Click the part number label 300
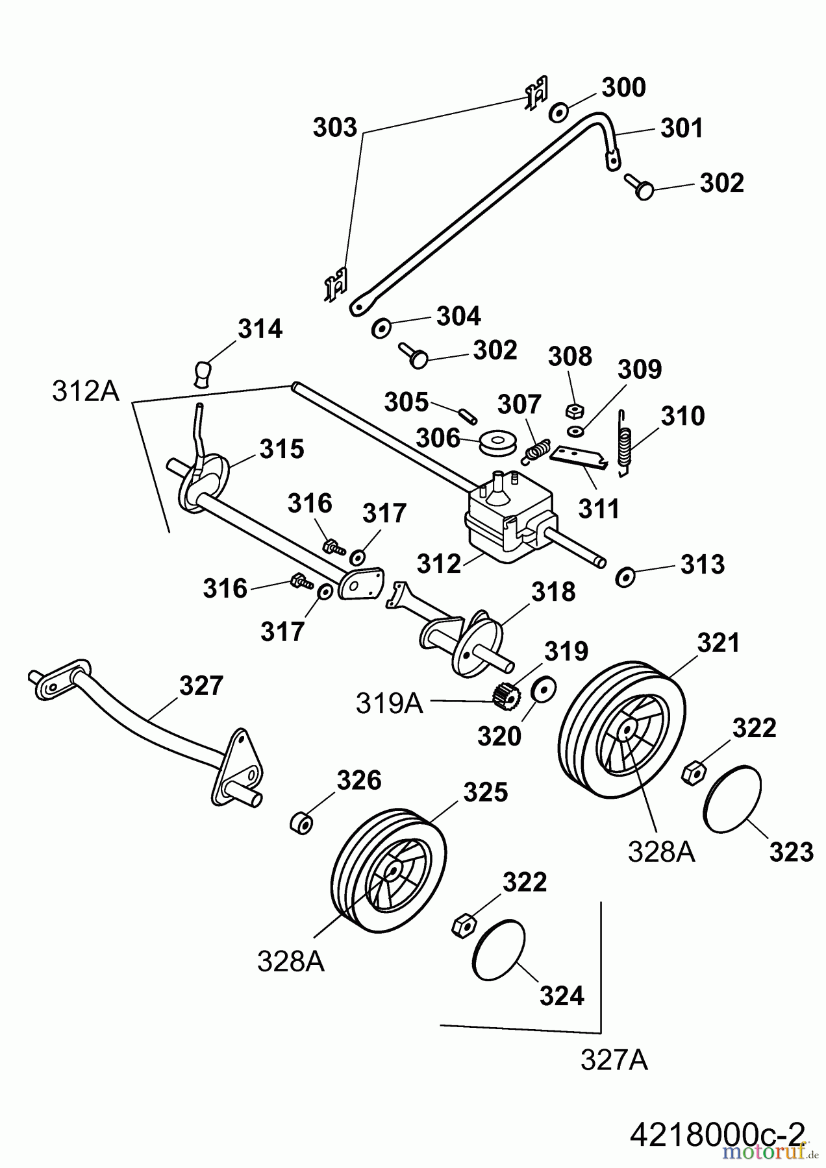[623, 88]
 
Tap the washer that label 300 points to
[558, 112]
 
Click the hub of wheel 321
[627, 731]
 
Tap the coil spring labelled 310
[625, 444]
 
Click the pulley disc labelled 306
[497, 444]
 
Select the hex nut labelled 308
[573, 410]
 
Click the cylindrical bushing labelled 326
[300, 822]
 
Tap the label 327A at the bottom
[614, 1060]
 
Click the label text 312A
[86, 391]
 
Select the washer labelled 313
[625, 576]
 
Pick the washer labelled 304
[381, 328]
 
